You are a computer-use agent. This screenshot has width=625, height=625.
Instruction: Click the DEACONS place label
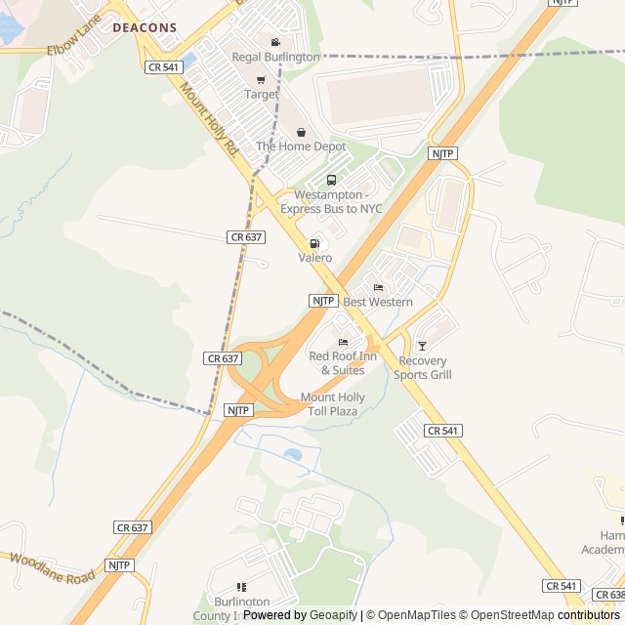coord(145,28)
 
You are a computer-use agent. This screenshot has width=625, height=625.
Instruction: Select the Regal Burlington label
coord(275,57)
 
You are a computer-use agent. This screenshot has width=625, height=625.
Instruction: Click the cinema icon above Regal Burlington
coord(275,42)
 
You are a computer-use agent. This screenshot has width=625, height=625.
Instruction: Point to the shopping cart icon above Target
coord(261,80)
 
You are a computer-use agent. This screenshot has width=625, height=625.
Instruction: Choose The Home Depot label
coord(301,146)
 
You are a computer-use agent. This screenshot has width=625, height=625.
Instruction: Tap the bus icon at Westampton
coord(331,180)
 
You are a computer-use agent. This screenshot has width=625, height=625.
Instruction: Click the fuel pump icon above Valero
coord(314,243)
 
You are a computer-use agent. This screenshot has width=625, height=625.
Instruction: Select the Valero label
coord(314,258)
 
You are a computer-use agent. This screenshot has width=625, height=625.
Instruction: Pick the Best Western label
coord(378,302)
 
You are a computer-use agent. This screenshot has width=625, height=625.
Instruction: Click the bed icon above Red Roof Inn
coord(343,342)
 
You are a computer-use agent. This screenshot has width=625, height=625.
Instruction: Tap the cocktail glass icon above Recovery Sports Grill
coord(422,346)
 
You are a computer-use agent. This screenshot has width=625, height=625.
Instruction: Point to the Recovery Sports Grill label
coord(424,368)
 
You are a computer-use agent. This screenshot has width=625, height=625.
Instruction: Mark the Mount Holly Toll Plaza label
coord(332,404)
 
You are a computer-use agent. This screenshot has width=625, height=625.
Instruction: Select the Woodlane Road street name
coord(53,568)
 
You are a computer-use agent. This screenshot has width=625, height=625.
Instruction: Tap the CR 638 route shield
coord(609,595)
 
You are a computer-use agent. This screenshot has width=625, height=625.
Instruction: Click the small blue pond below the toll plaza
coord(292,454)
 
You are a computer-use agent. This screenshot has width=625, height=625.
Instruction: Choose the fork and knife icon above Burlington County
coord(241,587)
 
